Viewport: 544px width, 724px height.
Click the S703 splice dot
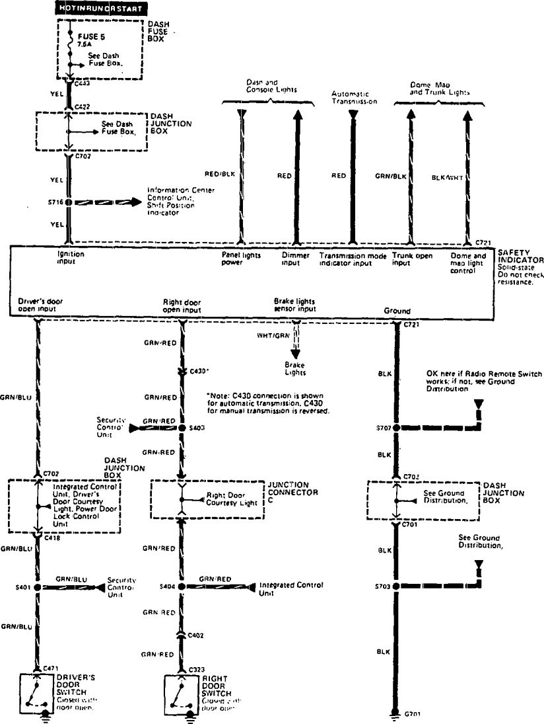pyautogui.click(x=397, y=586)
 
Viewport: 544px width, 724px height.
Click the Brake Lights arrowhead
pyautogui.click(x=294, y=353)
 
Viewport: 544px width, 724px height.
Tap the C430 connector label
pyautogui.click(x=199, y=372)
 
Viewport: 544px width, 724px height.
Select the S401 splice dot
pyautogui.click(x=37, y=587)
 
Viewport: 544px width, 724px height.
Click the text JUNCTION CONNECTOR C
pyautogui.click(x=292, y=493)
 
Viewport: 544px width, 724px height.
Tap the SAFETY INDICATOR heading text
pyautogui.click(x=521, y=257)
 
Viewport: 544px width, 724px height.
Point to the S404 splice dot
pyautogui.click(x=181, y=587)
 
